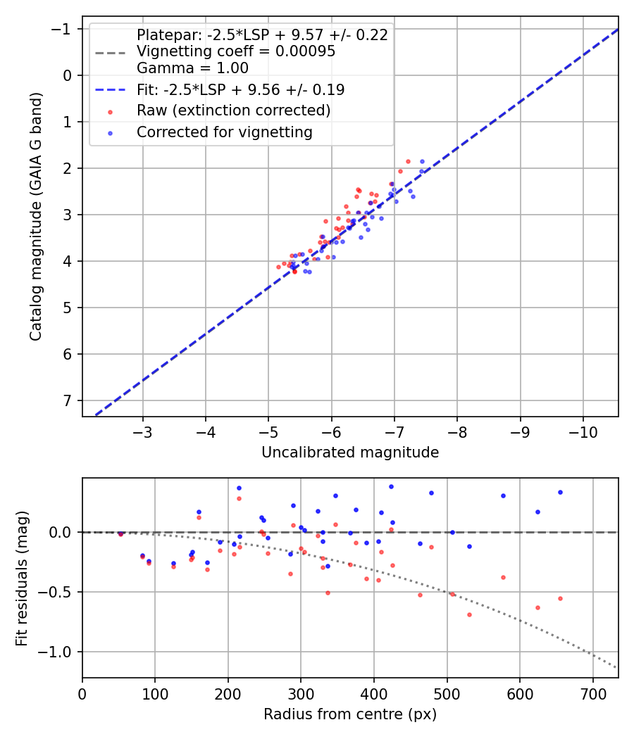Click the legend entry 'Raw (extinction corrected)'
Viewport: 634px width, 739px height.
coord(233,110)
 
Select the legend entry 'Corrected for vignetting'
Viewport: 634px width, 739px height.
coord(224,132)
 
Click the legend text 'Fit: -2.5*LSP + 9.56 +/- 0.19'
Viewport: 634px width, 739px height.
coord(240,89)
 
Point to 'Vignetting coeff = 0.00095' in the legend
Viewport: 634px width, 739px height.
coord(235,51)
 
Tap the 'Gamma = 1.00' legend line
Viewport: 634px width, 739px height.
coord(192,68)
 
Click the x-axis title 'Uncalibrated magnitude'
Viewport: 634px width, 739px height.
coord(350,453)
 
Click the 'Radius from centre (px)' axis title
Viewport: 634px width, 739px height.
coord(350,714)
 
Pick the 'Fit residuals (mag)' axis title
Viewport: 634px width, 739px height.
coord(22,578)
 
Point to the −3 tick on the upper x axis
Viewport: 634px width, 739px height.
coord(143,431)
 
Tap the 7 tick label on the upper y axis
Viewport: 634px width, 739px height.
coord(68,400)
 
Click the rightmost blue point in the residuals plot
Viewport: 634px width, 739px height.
coord(560,492)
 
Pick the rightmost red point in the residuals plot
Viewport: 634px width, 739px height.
coord(560,598)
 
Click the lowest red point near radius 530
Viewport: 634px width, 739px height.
coord(469,614)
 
